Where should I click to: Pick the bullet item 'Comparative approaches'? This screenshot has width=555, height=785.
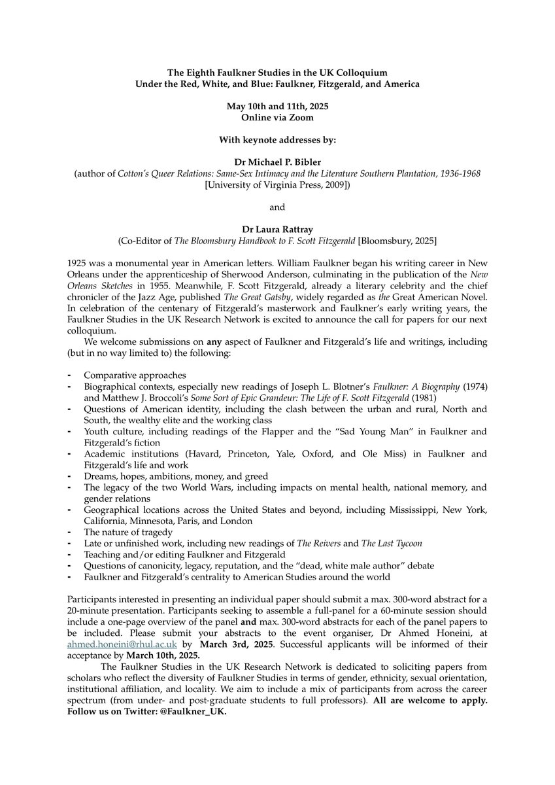(x=135, y=375)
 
